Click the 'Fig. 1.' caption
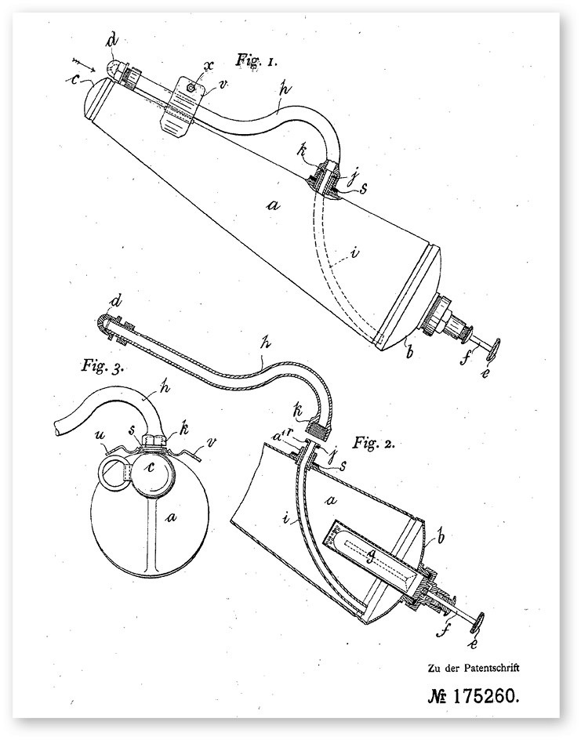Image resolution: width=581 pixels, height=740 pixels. click(x=256, y=60)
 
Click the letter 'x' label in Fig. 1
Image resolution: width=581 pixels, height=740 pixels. click(x=209, y=71)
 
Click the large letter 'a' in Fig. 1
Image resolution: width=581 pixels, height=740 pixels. click(x=273, y=205)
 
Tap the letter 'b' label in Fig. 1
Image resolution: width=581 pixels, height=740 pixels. click(x=405, y=343)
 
